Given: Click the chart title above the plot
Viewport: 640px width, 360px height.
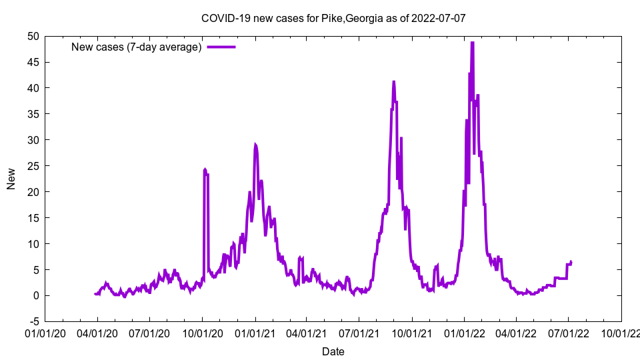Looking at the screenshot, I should (x=333, y=19).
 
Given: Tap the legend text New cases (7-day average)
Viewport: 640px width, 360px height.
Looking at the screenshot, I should (x=137, y=47).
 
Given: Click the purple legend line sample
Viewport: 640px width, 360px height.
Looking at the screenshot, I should (x=221, y=47).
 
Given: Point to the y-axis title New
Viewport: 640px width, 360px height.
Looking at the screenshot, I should (x=11, y=179).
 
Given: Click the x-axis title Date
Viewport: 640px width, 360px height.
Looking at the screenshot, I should (x=333, y=351).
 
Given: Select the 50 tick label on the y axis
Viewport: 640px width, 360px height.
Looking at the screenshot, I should (x=33, y=36).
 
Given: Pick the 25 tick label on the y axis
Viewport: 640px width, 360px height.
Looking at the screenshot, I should (x=33, y=166).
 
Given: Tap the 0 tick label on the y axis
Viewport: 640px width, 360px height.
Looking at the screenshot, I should (x=36, y=295).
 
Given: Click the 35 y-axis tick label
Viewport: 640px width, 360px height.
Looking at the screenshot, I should (x=33, y=114).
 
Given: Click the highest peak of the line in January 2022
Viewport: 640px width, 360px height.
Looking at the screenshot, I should (x=472, y=43).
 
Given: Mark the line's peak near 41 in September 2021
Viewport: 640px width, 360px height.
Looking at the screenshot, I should (x=393, y=82).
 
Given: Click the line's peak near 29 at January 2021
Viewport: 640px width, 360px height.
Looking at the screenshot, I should (x=255, y=144).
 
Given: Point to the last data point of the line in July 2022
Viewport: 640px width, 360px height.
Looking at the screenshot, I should (x=571, y=261).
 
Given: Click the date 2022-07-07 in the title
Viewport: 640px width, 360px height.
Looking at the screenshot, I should (x=438, y=19).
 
